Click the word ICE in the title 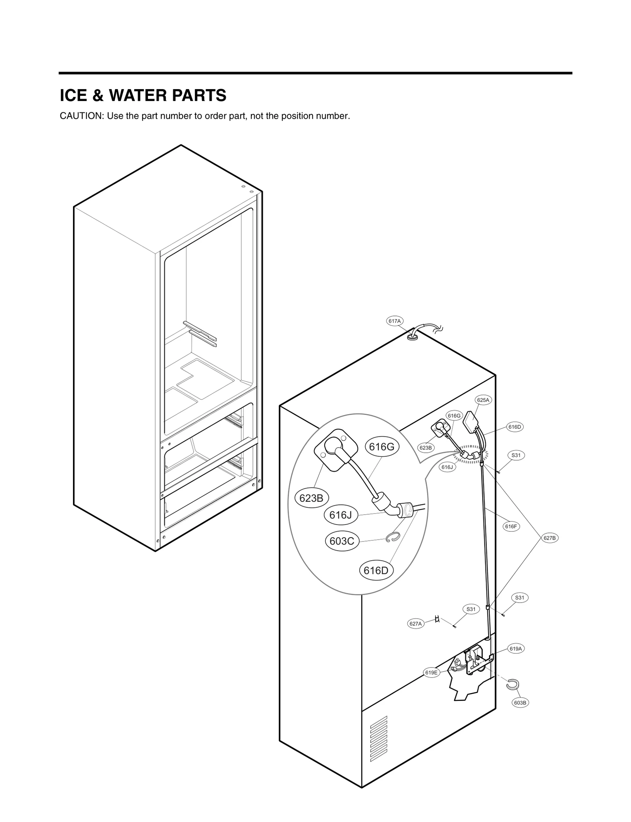pos(73,96)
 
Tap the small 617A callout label pos(394,321)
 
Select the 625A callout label pos(483,400)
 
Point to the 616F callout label pos(511,526)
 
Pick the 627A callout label pos(416,624)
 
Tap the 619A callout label pos(515,648)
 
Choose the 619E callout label pos(431,673)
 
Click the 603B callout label pos(520,702)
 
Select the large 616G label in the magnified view pos(381,447)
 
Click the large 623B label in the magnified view pos(311,498)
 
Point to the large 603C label pos(342,541)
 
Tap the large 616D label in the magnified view pos(376,571)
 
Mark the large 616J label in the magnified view pos(340,515)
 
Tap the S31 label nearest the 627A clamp pos(471,609)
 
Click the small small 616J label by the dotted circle pos(448,467)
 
